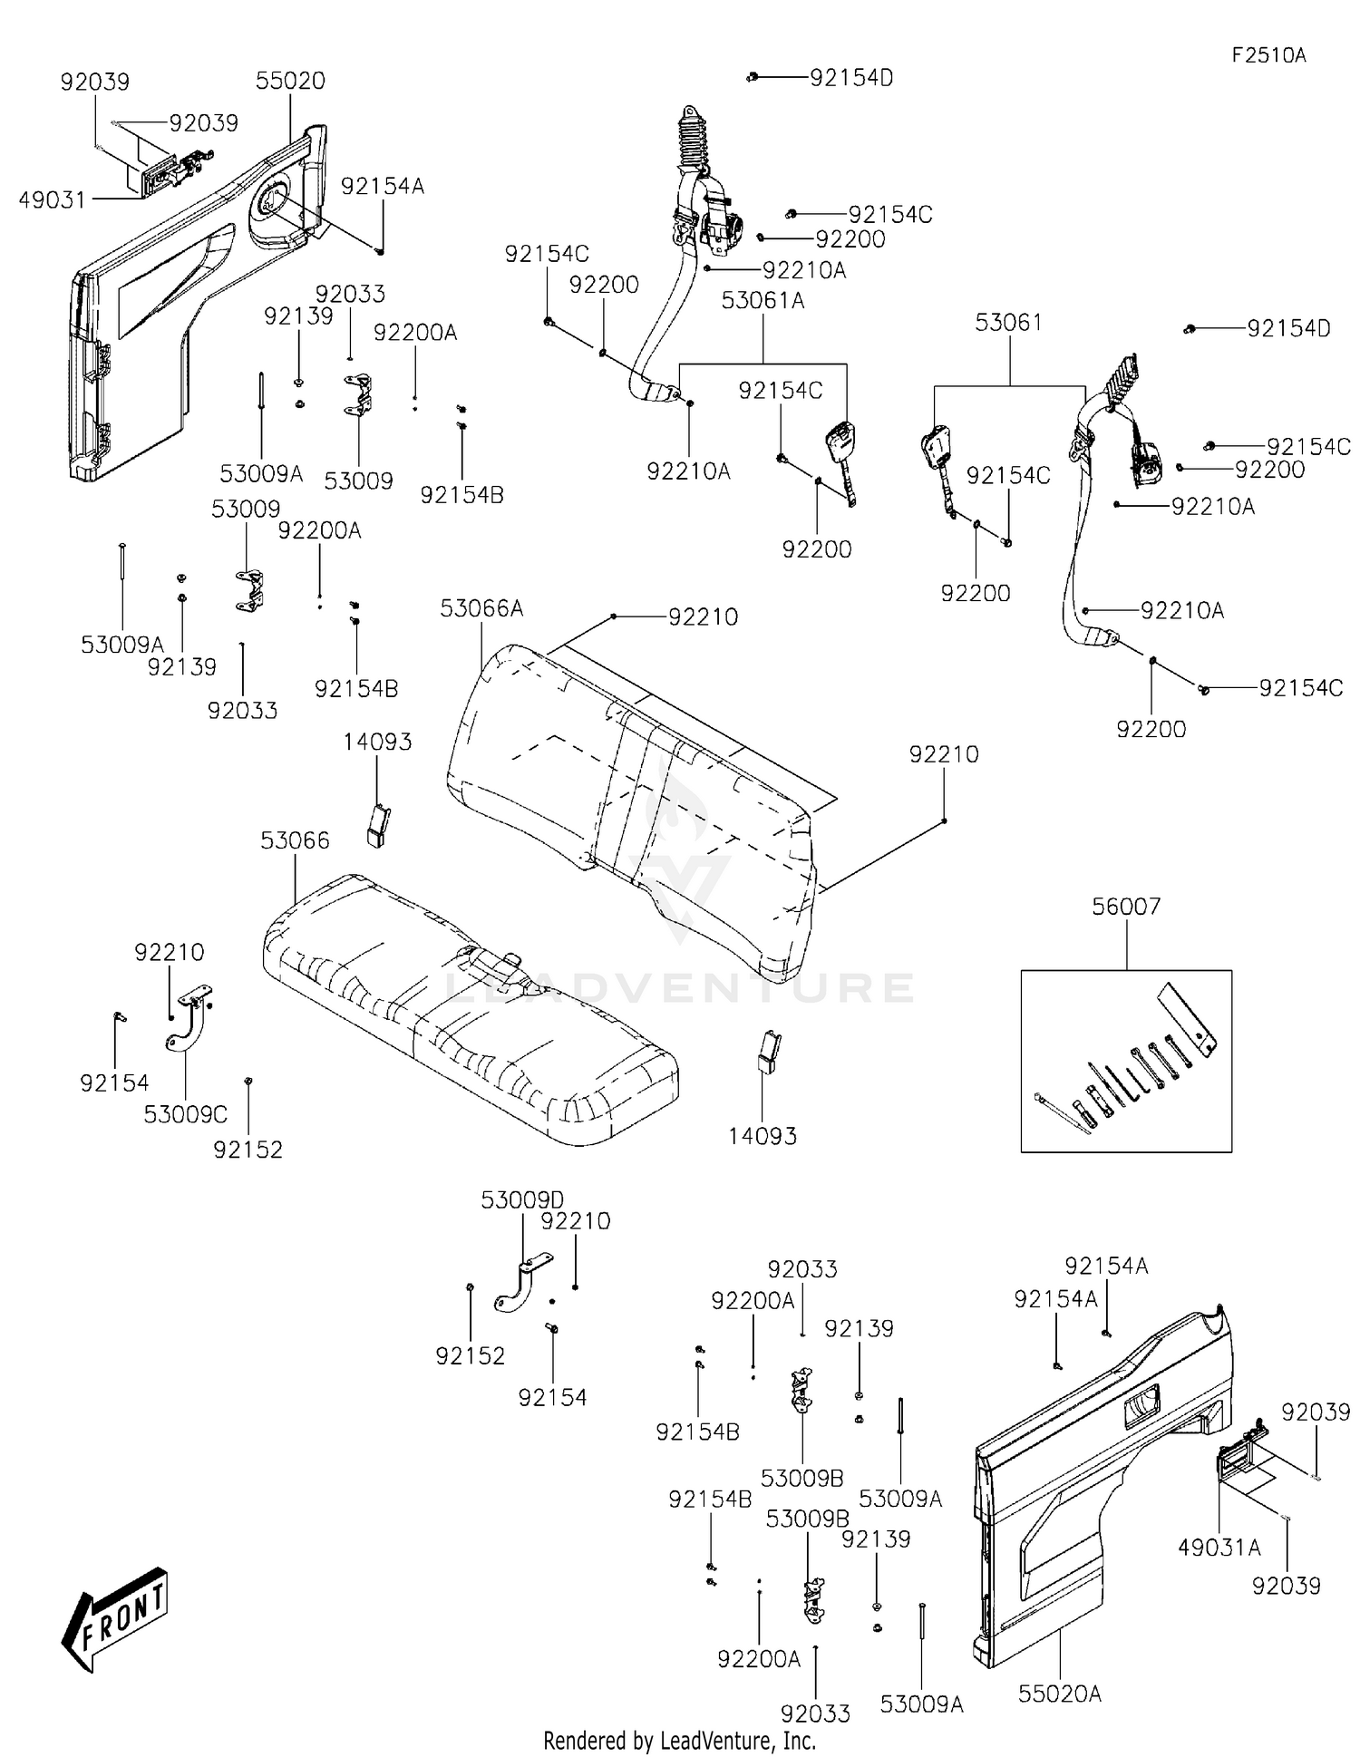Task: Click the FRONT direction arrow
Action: coord(116,1617)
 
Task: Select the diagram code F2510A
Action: coord(1268,55)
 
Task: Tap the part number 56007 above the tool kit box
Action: coord(1126,906)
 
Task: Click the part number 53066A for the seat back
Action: coord(481,608)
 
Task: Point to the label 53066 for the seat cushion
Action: coord(295,840)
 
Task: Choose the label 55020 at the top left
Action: coord(290,81)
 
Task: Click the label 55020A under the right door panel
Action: coord(1059,1693)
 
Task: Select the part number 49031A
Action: coord(1219,1548)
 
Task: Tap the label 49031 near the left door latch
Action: coord(53,199)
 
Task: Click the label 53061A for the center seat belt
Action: coord(763,300)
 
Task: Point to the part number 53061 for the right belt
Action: coord(1008,323)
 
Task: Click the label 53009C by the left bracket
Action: coord(185,1114)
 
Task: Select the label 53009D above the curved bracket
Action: coord(522,1199)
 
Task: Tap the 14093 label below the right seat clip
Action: coord(763,1136)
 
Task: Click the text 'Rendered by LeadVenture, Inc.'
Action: coord(679,1740)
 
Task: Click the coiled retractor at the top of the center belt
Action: coord(695,141)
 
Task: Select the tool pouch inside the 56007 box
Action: coord(1187,1020)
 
